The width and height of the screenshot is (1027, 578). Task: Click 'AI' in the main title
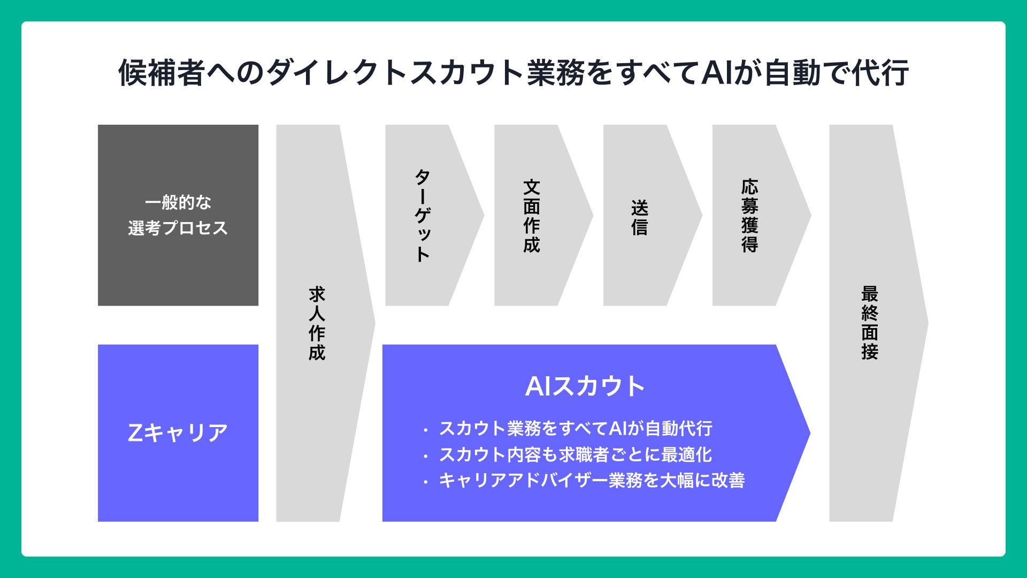[x=716, y=73]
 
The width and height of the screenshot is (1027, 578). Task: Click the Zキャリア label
[x=178, y=432]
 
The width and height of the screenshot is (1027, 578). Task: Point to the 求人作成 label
[x=317, y=323]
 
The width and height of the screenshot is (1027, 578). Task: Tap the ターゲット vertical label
[x=423, y=215]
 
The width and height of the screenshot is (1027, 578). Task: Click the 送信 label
[x=640, y=217]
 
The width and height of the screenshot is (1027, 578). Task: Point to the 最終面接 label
[x=870, y=323]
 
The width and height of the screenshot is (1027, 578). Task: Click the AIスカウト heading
[x=585, y=386]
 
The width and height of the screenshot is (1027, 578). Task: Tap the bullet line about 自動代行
[x=575, y=428]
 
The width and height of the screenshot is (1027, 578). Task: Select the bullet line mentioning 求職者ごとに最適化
[x=575, y=454]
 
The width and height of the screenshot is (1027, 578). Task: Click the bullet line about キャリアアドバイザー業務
[x=591, y=480]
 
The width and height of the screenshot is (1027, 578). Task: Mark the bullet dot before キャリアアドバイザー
[x=425, y=482]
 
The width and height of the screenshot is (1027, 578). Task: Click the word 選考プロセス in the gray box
[x=178, y=228]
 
